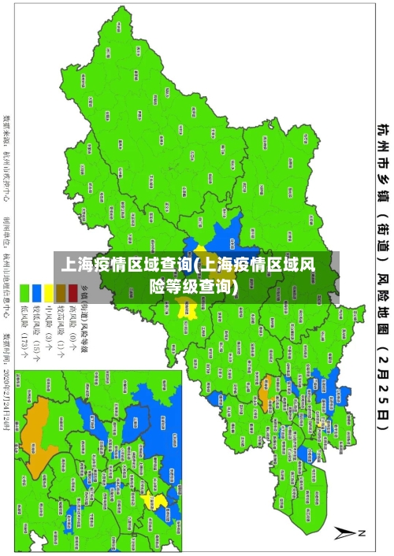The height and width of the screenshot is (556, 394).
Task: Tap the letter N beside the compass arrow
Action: click(x=362, y=534)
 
